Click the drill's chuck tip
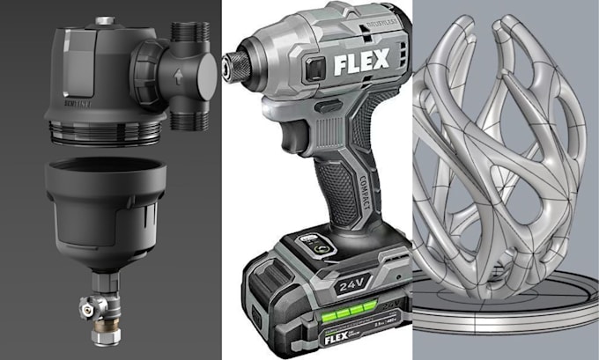tap(232, 63)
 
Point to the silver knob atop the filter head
tap(104, 19)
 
